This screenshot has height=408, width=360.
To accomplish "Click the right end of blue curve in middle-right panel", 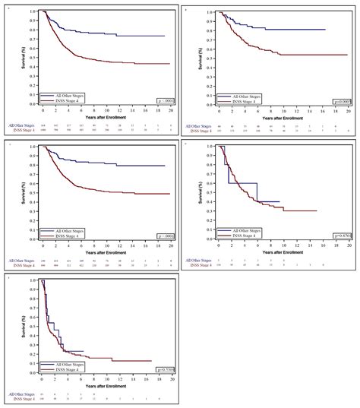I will tap(279, 201).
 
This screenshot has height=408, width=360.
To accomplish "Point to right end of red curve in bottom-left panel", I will tap(151, 361).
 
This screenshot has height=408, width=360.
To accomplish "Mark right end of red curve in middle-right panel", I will tap(316, 210).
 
